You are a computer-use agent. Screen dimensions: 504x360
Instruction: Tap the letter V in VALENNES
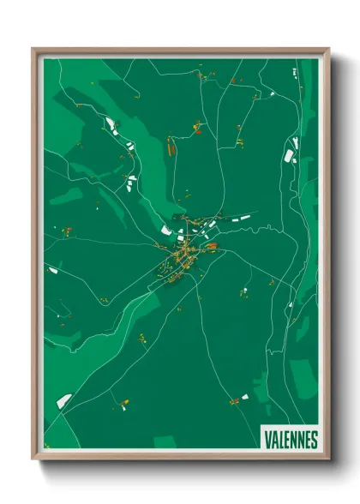coord(267,440)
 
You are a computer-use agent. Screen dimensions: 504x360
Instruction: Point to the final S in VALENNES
coord(314,440)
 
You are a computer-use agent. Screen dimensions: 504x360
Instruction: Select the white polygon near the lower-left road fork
coord(64,399)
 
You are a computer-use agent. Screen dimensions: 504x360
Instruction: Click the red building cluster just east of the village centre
coord(207,249)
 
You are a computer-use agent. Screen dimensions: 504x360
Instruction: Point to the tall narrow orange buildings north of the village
coord(171,149)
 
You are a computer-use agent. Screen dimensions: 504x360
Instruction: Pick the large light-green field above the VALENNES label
coord(302,377)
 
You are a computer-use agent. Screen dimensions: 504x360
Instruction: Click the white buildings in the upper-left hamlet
coord(111,126)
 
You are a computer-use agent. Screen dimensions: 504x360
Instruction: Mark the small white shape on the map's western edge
coord(53,270)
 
